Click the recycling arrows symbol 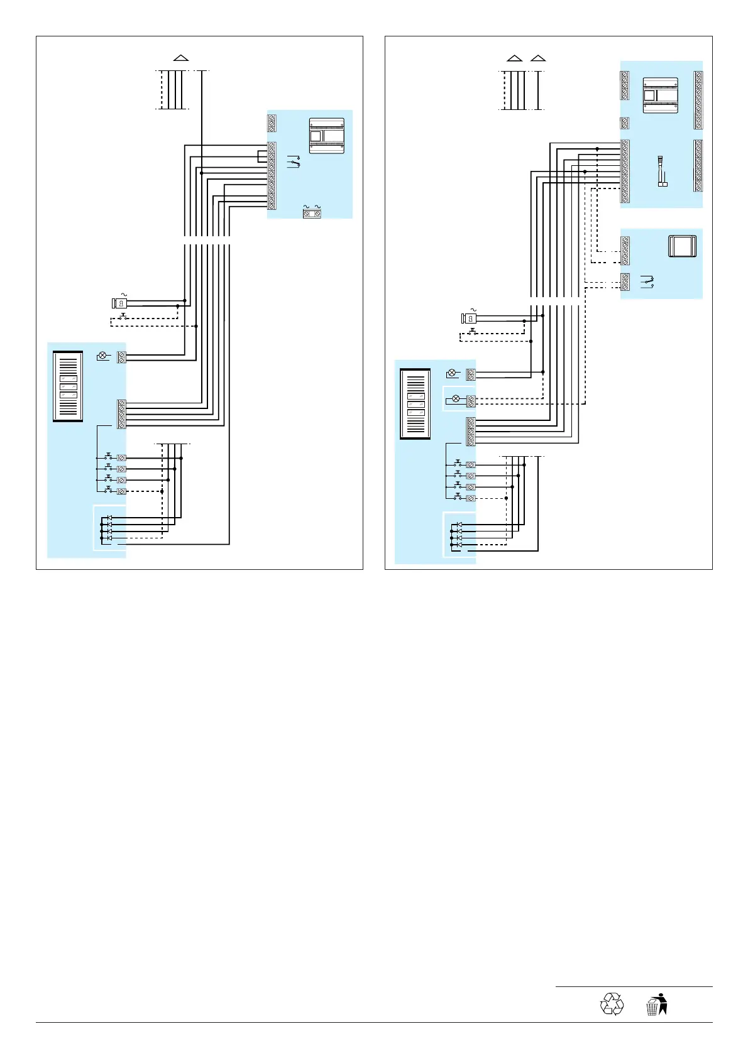coord(612,1003)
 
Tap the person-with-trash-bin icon coord(656,1004)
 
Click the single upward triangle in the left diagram coord(181,58)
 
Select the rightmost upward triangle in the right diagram coord(538,58)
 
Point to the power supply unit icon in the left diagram coord(327,136)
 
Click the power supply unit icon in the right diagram coord(661,95)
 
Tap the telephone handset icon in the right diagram coord(661,172)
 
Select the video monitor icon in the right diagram coord(682,246)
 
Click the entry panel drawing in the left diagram coord(68,386)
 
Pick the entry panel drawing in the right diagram coord(415,404)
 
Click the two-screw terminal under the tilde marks coord(312,214)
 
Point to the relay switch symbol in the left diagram coord(293,161)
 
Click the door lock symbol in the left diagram coord(119,303)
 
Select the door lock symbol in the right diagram coord(468,318)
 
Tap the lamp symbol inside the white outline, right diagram coord(456,399)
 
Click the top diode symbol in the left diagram coord(109,518)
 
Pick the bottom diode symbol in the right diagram coord(459,545)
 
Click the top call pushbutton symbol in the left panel coord(109,457)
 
